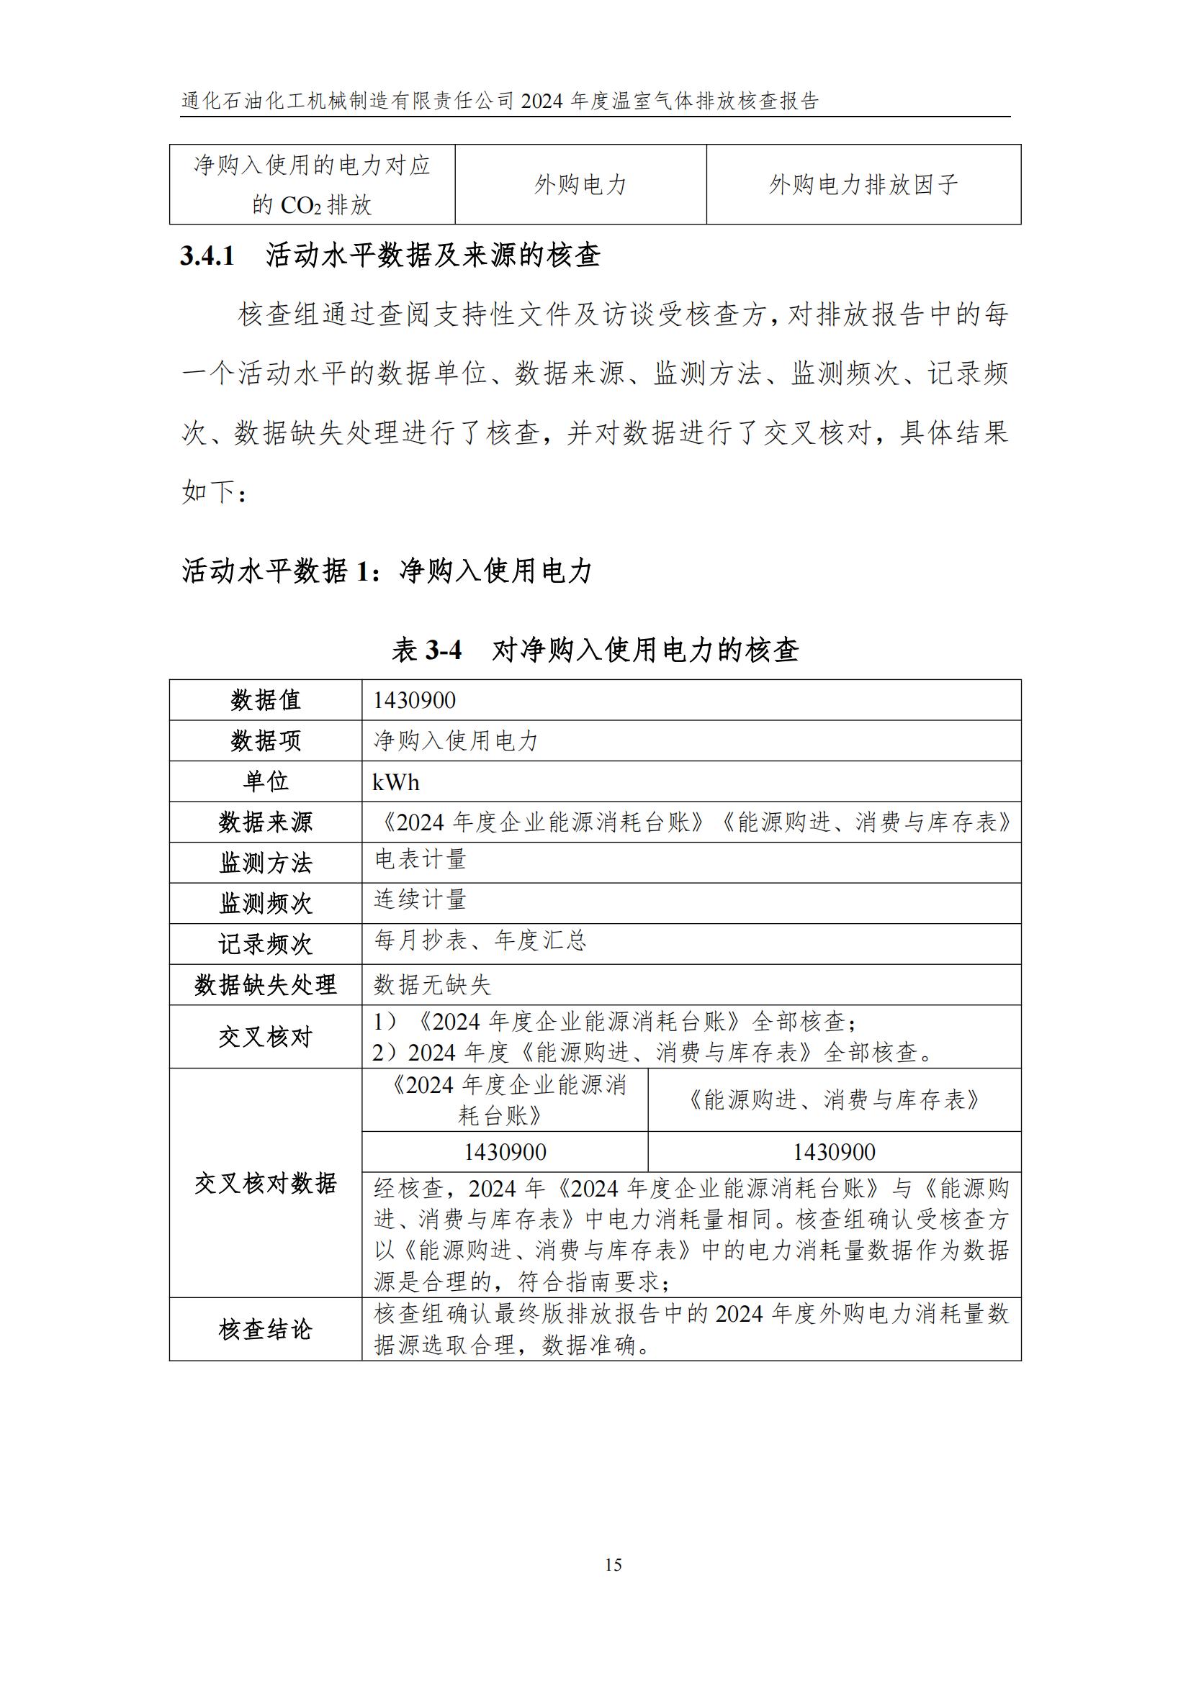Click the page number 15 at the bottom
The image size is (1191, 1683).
click(613, 1565)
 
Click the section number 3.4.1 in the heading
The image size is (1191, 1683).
click(207, 256)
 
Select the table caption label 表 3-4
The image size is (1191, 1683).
click(427, 650)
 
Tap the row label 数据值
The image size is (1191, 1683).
click(266, 700)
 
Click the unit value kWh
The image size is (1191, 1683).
click(396, 782)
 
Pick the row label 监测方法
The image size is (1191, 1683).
click(266, 863)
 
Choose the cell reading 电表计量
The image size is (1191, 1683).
click(421, 859)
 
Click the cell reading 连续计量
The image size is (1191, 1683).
click(421, 899)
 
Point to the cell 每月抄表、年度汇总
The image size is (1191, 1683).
click(480, 940)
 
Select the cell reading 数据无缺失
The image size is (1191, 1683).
click(432, 984)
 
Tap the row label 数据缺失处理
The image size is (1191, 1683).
click(266, 984)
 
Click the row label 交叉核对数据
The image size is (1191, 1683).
click(266, 1183)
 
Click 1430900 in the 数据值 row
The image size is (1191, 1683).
click(414, 700)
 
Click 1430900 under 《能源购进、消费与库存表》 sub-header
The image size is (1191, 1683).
click(834, 1151)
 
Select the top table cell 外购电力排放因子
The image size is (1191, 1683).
click(863, 185)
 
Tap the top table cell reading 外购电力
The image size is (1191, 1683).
click(580, 185)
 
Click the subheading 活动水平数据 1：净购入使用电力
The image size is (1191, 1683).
click(387, 571)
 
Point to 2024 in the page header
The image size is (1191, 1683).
click(541, 101)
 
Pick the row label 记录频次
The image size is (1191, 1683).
click(266, 944)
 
